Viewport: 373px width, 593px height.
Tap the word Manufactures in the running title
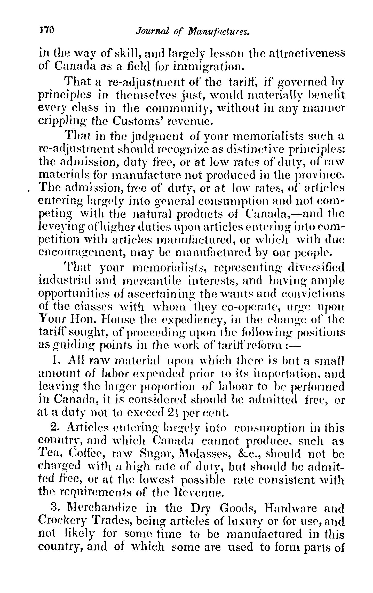pyautogui.click(x=218, y=31)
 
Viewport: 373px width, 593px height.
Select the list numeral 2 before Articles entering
pyautogui.click(x=54, y=427)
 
